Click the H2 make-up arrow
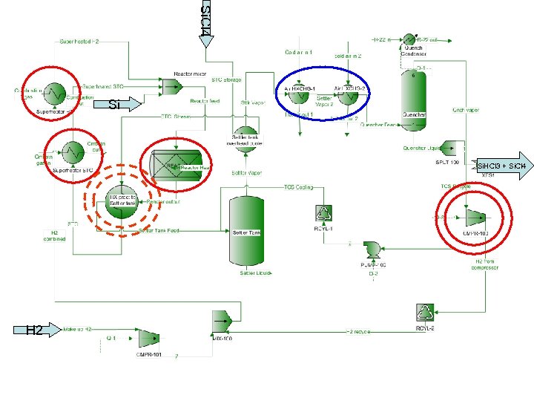(x=36, y=330)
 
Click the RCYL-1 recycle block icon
(x=324, y=214)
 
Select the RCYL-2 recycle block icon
(x=424, y=312)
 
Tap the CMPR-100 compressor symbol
(x=472, y=218)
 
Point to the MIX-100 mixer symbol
(x=220, y=321)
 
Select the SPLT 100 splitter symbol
(x=452, y=148)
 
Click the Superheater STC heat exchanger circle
(x=73, y=153)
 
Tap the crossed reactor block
(x=176, y=163)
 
